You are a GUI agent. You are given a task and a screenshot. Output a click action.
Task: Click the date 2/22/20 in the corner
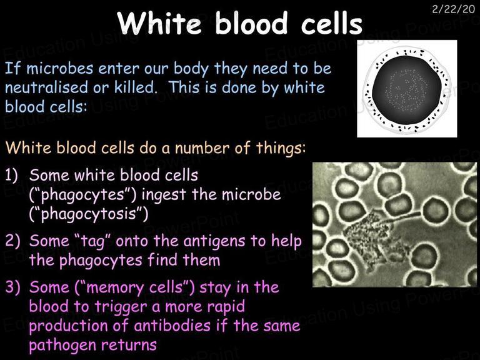coord(454,9)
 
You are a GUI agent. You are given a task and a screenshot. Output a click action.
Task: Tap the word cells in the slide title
coord(332,23)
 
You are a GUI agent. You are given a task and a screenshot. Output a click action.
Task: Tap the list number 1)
coord(11,175)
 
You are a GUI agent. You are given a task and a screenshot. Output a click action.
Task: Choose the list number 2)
coord(12,241)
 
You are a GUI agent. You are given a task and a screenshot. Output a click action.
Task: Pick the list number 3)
coord(12,287)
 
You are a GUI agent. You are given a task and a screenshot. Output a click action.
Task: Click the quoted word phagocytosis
coord(89,214)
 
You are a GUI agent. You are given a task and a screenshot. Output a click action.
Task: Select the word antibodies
coord(172,326)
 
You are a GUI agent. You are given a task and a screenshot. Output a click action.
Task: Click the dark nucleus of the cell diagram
coord(407,90)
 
